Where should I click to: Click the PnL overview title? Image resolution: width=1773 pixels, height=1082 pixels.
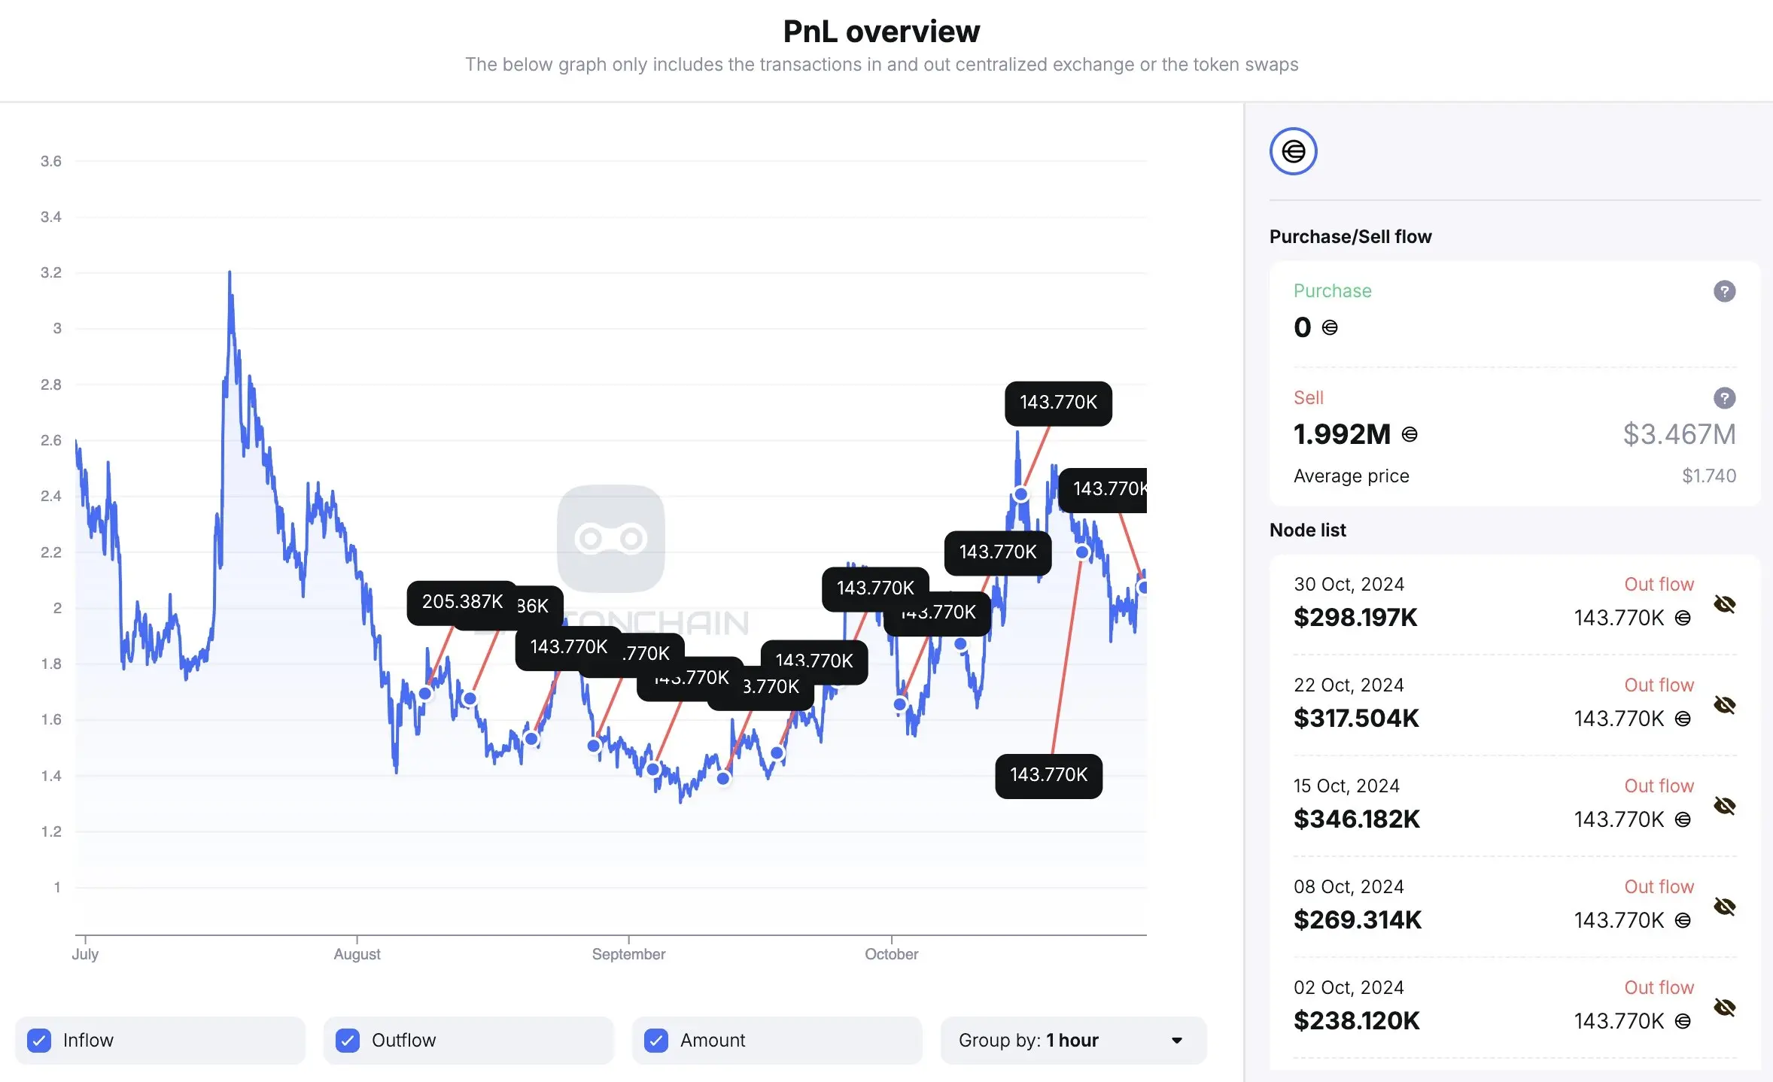(881, 32)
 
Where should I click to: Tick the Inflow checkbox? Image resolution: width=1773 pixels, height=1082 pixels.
(39, 1040)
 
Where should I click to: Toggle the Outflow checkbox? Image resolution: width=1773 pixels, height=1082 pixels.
(348, 1040)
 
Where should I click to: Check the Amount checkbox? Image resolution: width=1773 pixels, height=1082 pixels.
(656, 1040)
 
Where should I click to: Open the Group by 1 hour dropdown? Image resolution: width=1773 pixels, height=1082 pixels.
(1072, 1040)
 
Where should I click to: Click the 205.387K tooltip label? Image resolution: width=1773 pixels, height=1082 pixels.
(462, 602)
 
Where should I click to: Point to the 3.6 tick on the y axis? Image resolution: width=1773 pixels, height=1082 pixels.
(51, 161)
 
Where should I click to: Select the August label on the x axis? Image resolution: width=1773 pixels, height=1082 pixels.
(357, 954)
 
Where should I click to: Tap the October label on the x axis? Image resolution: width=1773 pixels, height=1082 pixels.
(891, 954)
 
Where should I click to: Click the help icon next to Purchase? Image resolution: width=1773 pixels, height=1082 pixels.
(1724, 291)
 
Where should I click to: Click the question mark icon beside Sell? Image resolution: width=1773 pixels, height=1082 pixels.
(1724, 398)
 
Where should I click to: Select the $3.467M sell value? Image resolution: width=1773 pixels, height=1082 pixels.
(1679, 434)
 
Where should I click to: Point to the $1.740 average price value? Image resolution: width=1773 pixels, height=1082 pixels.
(1708, 476)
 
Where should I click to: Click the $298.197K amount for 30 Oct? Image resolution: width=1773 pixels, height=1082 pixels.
(1355, 618)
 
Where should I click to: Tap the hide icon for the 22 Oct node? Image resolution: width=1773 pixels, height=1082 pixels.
(1724, 705)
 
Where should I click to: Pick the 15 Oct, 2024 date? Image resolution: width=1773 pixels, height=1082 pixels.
(1346, 786)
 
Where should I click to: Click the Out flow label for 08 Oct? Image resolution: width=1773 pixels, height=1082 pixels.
(1659, 886)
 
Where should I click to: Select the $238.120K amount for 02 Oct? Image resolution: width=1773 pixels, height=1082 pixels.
(1356, 1021)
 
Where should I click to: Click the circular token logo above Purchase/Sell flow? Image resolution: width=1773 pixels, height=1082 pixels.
(1293, 151)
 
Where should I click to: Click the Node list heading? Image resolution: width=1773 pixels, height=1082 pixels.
(1307, 530)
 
